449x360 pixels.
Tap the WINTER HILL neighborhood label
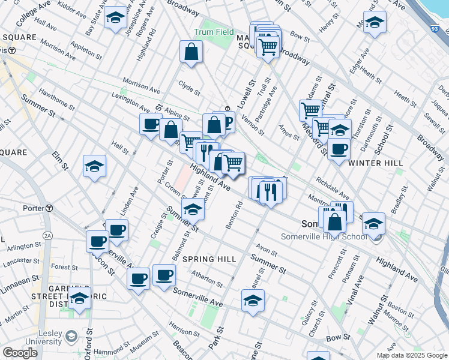coord(370,163)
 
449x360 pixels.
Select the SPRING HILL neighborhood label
coord(209,259)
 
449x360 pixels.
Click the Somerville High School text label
coord(324,236)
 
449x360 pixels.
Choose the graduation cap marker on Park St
coord(253,300)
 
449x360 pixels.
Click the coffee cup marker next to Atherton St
coord(164,275)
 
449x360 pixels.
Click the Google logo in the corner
coord(20,353)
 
